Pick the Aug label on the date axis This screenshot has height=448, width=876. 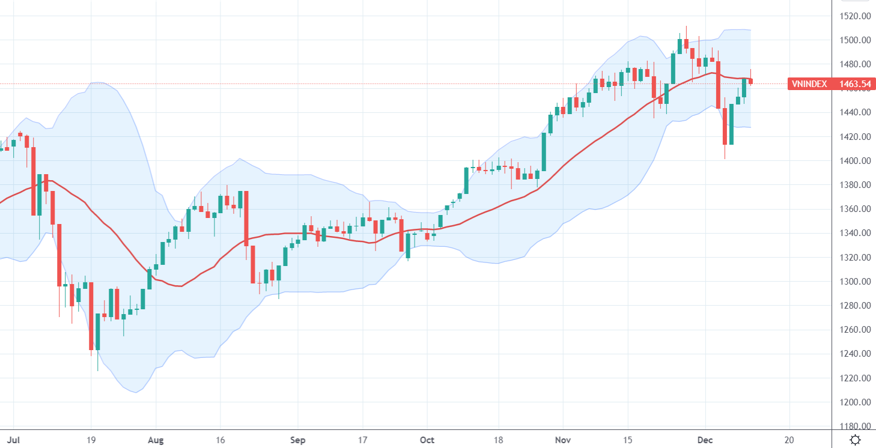click(156, 440)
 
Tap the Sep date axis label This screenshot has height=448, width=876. click(298, 440)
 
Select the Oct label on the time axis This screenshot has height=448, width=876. click(427, 440)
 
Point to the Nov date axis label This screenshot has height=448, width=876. click(563, 440)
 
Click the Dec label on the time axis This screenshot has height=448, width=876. click(705, 440)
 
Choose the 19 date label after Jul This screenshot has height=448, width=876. click(91, 440)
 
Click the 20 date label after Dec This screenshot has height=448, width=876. click(789, 440)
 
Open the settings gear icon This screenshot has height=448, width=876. click(855, 440)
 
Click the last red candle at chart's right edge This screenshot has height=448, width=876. click(750, 81)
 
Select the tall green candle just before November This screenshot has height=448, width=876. click(544, 152)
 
